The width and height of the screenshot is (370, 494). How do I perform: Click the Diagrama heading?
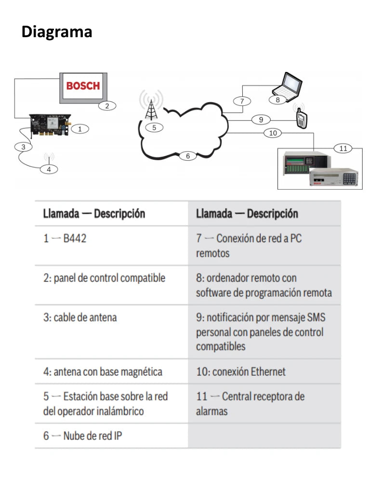click(x=57, y=32)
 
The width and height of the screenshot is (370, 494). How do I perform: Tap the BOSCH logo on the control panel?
click(x=83, y=86)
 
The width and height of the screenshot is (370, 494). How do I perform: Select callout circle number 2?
click(x=107, y=106)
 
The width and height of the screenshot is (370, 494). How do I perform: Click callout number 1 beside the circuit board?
click(x=80, y=129)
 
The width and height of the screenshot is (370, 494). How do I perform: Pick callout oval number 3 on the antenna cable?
click(x=23, y=147)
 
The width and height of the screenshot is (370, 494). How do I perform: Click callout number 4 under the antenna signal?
click(x=49, y=169)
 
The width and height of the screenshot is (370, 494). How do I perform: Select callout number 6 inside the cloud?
click(x=188, y=156)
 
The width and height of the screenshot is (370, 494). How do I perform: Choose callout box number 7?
click(x=242, y=101)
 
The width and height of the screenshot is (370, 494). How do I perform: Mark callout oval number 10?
click(x=273, y=133)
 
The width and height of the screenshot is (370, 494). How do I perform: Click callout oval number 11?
click(x=343, y=148)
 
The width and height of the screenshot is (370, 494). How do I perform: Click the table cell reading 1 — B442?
click(x=65, y=238)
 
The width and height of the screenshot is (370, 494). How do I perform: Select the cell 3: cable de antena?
click(x=80, y=317)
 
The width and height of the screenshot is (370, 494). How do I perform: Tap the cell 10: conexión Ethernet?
click(x=240, y=371)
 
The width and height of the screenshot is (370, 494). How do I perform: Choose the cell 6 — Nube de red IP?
click(x=82, y=436)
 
